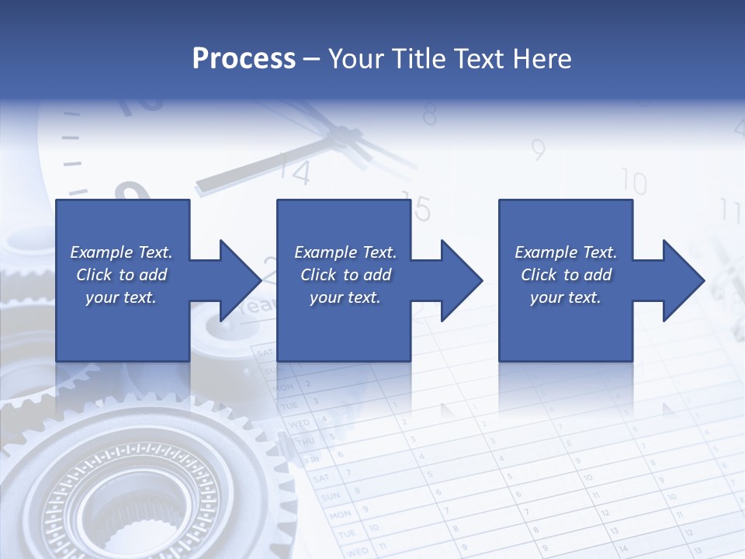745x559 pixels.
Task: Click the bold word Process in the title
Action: coord(244,59)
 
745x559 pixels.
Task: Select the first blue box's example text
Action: coord(121,275)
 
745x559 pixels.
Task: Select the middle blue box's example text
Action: coord(345,275)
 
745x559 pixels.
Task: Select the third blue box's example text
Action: coord(566,275)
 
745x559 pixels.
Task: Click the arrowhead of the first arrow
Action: coord(241,280)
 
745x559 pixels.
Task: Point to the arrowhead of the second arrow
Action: coord(463,280)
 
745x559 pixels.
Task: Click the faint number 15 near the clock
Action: coord(417,208)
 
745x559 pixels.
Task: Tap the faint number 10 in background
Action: coord(634,183)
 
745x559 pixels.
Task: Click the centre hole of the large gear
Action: coord(109,512)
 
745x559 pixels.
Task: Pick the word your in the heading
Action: coord(353,59)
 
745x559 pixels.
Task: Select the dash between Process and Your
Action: coord(311,59)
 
